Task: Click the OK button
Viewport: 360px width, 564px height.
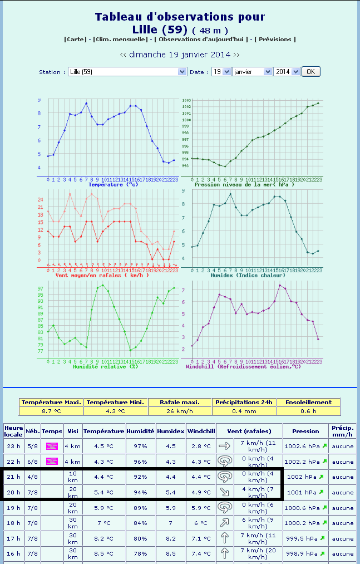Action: click(311, 72)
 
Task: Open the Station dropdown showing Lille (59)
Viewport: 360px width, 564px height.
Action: click(127, 72)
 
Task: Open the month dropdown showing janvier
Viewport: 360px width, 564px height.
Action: click(252, 72)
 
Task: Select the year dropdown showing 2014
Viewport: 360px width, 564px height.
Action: click(287, 72)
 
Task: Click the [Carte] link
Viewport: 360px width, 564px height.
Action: click(75, 40)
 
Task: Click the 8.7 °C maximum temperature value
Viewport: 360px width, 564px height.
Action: click(51, 411)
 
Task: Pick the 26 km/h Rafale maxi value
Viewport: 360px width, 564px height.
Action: click(180, 411)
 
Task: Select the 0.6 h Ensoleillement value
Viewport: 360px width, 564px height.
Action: click(308, 411)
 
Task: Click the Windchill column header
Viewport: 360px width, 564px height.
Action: click(201, 431)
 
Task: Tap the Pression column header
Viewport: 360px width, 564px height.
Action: click(305, 431)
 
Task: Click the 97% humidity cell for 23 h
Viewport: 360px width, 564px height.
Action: click(140, 446)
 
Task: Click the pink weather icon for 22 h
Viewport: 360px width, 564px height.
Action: click(52, 461)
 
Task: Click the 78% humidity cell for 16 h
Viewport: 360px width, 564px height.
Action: click(140, 553)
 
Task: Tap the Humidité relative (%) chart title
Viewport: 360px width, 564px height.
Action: click(106, 366)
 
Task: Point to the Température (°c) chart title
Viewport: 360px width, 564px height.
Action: click(113, 184)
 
